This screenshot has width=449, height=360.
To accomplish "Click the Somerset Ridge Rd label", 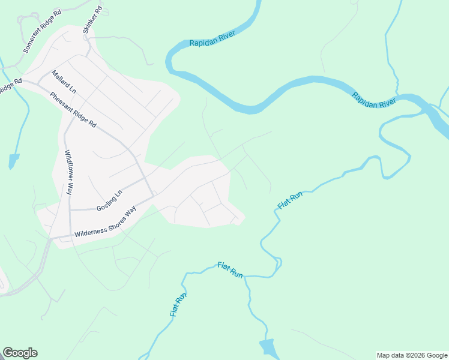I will coord(41,31).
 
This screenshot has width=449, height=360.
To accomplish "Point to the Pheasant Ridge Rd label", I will coord(73,109).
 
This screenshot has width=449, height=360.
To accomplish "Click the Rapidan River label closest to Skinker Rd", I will coord(211,39).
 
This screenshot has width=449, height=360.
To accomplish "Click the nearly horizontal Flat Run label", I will coord(230,269).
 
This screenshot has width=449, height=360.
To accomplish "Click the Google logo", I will coord(20,353).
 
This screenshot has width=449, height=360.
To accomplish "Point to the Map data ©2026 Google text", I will coord(411,355).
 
